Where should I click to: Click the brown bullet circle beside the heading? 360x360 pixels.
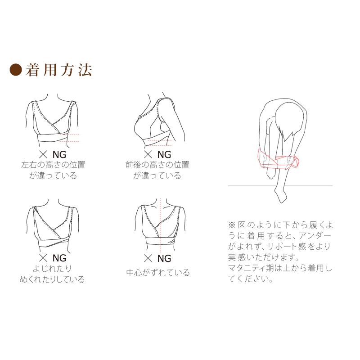pos(16,70)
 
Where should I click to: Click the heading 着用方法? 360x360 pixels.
pos(59,70)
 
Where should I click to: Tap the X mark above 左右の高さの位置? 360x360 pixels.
pos(43,154)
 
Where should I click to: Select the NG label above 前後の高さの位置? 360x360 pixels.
pos(164,154)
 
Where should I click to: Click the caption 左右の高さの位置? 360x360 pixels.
pos(53,165)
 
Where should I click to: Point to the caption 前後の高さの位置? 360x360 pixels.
pos(157,165)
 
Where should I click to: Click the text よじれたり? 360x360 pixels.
pos(52,268)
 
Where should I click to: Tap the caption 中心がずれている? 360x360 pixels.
pos(158,273)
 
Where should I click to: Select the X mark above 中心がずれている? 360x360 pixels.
pos(148,258)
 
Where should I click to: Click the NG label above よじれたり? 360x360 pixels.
pos(59,258)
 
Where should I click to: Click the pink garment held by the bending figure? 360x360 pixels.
pos(278,160)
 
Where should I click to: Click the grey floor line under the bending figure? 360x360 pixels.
pos(280,186)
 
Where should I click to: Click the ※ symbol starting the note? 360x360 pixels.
pos(232,225)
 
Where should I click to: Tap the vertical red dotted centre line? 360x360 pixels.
pos(160,225)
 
